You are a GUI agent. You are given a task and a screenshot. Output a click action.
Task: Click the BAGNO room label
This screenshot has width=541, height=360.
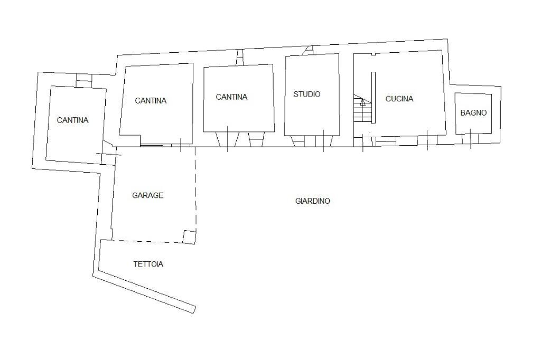473,113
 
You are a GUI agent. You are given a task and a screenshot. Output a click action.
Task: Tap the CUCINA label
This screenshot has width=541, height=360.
399,99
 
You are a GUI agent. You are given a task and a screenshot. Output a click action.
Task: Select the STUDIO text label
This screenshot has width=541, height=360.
307,94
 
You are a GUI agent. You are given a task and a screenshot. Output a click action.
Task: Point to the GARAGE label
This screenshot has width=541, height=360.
147,195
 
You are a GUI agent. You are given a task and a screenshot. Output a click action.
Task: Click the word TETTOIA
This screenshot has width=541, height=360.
148,264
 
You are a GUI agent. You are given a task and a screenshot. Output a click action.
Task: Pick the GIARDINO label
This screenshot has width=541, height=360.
312,201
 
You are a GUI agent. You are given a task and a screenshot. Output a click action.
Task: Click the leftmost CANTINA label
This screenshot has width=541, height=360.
72,120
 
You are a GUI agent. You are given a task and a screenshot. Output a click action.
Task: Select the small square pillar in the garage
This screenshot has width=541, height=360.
189,236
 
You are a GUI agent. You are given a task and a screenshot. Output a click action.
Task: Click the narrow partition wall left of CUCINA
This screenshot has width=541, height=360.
373,98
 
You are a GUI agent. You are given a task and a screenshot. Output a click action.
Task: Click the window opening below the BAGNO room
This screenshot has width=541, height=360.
470,138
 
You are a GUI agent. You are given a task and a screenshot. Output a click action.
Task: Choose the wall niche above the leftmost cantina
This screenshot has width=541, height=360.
84,80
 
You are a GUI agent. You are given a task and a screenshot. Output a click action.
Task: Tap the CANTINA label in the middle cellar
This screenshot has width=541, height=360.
151,101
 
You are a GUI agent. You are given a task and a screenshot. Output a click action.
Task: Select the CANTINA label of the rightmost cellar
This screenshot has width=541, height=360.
231,97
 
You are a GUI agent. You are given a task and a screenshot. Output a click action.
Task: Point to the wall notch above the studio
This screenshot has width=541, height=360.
309,51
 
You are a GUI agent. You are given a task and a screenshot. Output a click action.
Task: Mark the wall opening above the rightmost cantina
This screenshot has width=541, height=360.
240,57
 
